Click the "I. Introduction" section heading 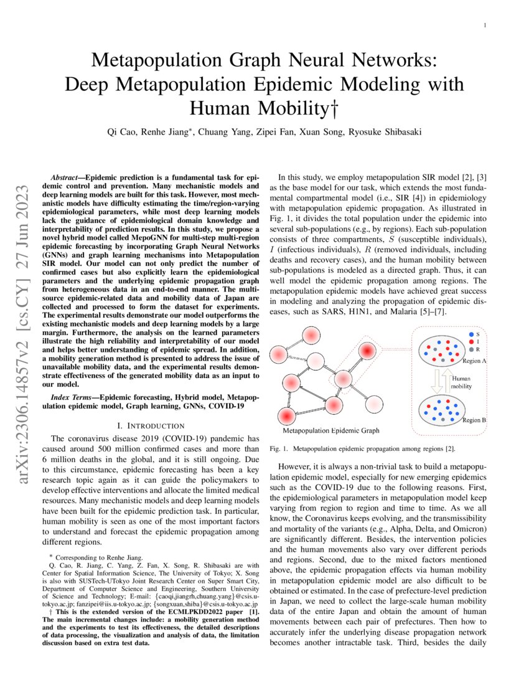coord(151,425)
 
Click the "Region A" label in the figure coord(474,361)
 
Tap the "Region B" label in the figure coord(474,420)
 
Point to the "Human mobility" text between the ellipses coord(461,382)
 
